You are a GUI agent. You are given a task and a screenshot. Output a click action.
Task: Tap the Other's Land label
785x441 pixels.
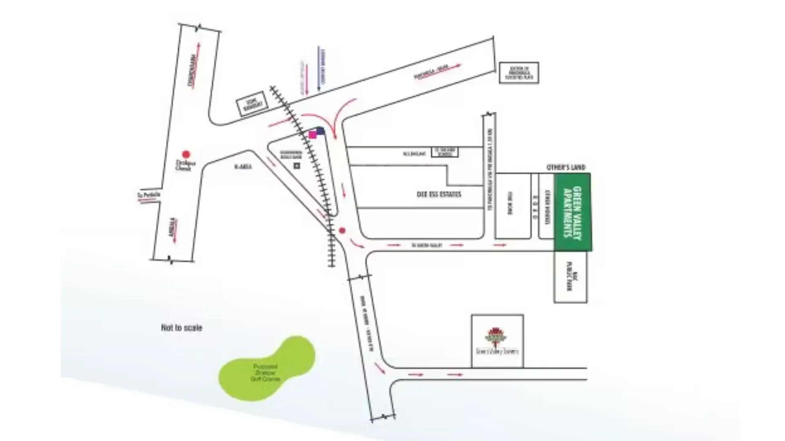[566, 167]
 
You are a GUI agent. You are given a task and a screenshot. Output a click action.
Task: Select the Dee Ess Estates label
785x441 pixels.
[439, 194]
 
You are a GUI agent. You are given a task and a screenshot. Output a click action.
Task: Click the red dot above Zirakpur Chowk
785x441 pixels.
[186, 154]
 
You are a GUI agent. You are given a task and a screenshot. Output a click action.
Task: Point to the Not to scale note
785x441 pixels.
[182, 327]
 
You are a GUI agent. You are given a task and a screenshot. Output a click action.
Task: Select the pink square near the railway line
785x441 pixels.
[313, 135]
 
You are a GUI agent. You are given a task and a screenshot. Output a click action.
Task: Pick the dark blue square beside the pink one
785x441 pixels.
[321, 131]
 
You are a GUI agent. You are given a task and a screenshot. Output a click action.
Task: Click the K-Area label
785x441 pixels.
[243, 167]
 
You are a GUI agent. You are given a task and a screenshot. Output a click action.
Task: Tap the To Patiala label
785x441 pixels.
[149, 195]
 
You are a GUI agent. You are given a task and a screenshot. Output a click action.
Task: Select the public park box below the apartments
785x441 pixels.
[570, 277]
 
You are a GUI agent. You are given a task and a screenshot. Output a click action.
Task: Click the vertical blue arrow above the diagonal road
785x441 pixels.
[319, 69]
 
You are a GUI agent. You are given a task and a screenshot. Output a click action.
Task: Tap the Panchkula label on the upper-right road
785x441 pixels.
[432, 71]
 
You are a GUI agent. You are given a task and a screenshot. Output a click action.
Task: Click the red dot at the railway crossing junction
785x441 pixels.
[342, 231]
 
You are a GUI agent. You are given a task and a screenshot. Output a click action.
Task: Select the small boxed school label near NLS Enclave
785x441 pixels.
[445, 152]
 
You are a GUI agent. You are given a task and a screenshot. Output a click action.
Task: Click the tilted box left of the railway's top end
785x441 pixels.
[252, 104]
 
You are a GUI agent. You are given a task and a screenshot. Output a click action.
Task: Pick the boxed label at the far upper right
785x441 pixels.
[519, 73]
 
